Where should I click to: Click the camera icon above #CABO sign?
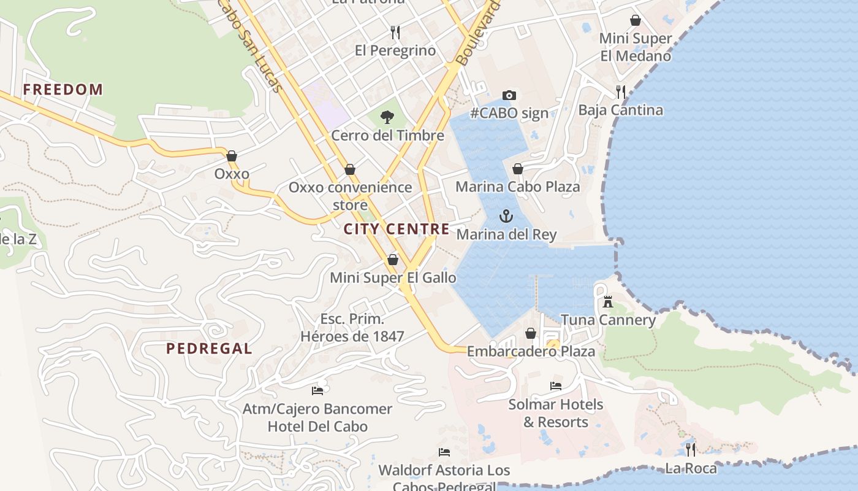pyautogui.click(x=509, y=95)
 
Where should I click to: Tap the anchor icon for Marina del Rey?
pyautogui.click(x=506, y=216)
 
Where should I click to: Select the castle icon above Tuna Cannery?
pyautogui.click(x=608, y=301)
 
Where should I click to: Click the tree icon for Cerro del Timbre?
pyautogui.click(x=387, y=117)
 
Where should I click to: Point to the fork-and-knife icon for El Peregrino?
pyautogui.click(x=395, y=32)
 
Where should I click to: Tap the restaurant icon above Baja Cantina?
pyautogui.click(x=621, y=92)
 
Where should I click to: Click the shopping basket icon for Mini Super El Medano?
pyautogui.click(x=636, y=20)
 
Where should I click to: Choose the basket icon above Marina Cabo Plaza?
pyautogui.click(x=518, y=169)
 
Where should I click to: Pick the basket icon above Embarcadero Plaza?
pyautogui.click(x=531, y=333)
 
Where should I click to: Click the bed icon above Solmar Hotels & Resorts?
pyautogui.click(x=556, y=386)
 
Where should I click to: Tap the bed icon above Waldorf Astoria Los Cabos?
pyautogui.click(x=444, y=452)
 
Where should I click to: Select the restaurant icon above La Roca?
pyautogui.click(x=691, y=450)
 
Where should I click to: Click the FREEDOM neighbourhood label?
pyautogui.click(x=63, y=90)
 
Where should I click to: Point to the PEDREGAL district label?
pyautogui.click(x=209, y=349)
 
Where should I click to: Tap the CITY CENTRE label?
pyautogui.click(x=397, y=230)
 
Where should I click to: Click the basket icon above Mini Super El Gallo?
pyautogui.click(x=393, y=260)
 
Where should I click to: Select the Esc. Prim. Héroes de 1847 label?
pyautogui.click(x=352, y=328)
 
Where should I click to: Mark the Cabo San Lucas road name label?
pyautogui.click(x=251, y=46)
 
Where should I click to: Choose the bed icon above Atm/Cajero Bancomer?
pyautogui.click(x=317, y=390)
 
